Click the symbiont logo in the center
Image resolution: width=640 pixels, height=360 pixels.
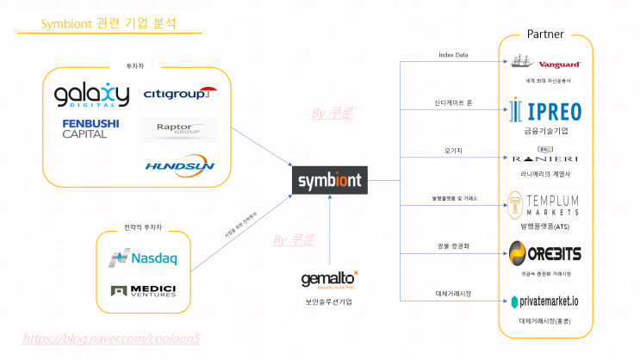pos(331,181)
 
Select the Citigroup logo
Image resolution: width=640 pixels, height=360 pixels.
pos(180,92)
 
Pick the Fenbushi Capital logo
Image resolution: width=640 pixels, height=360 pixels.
pos(90,128)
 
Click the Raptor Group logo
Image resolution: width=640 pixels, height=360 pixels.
pos(179,129)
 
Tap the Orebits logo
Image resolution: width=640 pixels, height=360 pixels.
pos(545,253)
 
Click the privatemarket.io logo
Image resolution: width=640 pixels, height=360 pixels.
pos(545,301)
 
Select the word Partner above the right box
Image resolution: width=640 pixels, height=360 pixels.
pos(545,34)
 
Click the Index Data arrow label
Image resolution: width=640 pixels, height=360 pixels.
pos(454,55)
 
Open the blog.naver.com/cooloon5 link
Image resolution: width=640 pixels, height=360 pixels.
pos(111,338)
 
